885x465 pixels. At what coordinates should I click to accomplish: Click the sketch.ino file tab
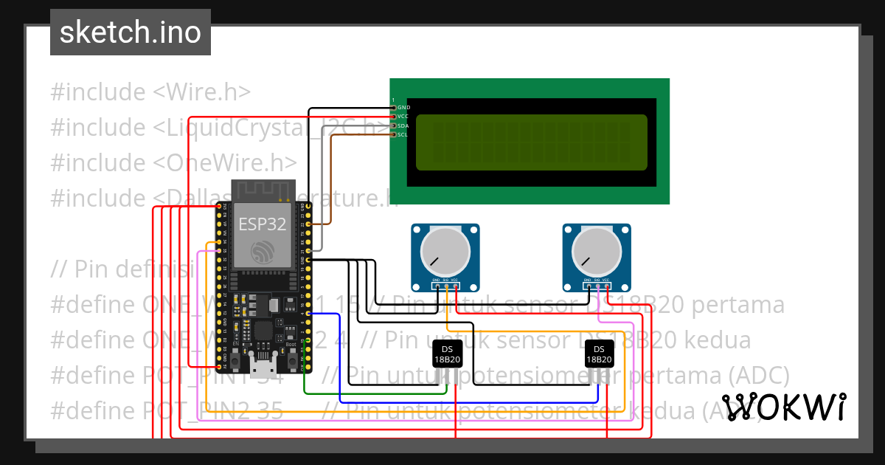tap(130, 32)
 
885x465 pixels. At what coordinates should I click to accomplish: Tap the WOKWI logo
tap(783, 407)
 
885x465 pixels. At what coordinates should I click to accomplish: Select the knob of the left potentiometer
tap(445, 252)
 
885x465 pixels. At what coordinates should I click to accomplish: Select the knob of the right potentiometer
tap(597, 252)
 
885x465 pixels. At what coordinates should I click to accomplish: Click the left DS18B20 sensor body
tap(446, 354)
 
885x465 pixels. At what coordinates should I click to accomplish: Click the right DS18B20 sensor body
tap(598, 354)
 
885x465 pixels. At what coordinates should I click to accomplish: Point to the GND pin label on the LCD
tap(403, 108)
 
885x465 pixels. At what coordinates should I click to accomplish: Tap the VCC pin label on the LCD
tap(403, 117)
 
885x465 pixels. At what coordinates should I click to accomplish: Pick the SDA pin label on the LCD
tap(403, 126)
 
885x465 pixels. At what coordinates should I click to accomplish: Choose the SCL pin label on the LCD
tap(403, 135)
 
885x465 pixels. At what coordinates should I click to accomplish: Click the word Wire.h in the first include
tap(209, 92)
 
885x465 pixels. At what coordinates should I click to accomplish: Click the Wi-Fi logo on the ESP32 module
tap(263, 252)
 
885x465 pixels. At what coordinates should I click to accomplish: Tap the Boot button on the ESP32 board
tap(292, 361)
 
